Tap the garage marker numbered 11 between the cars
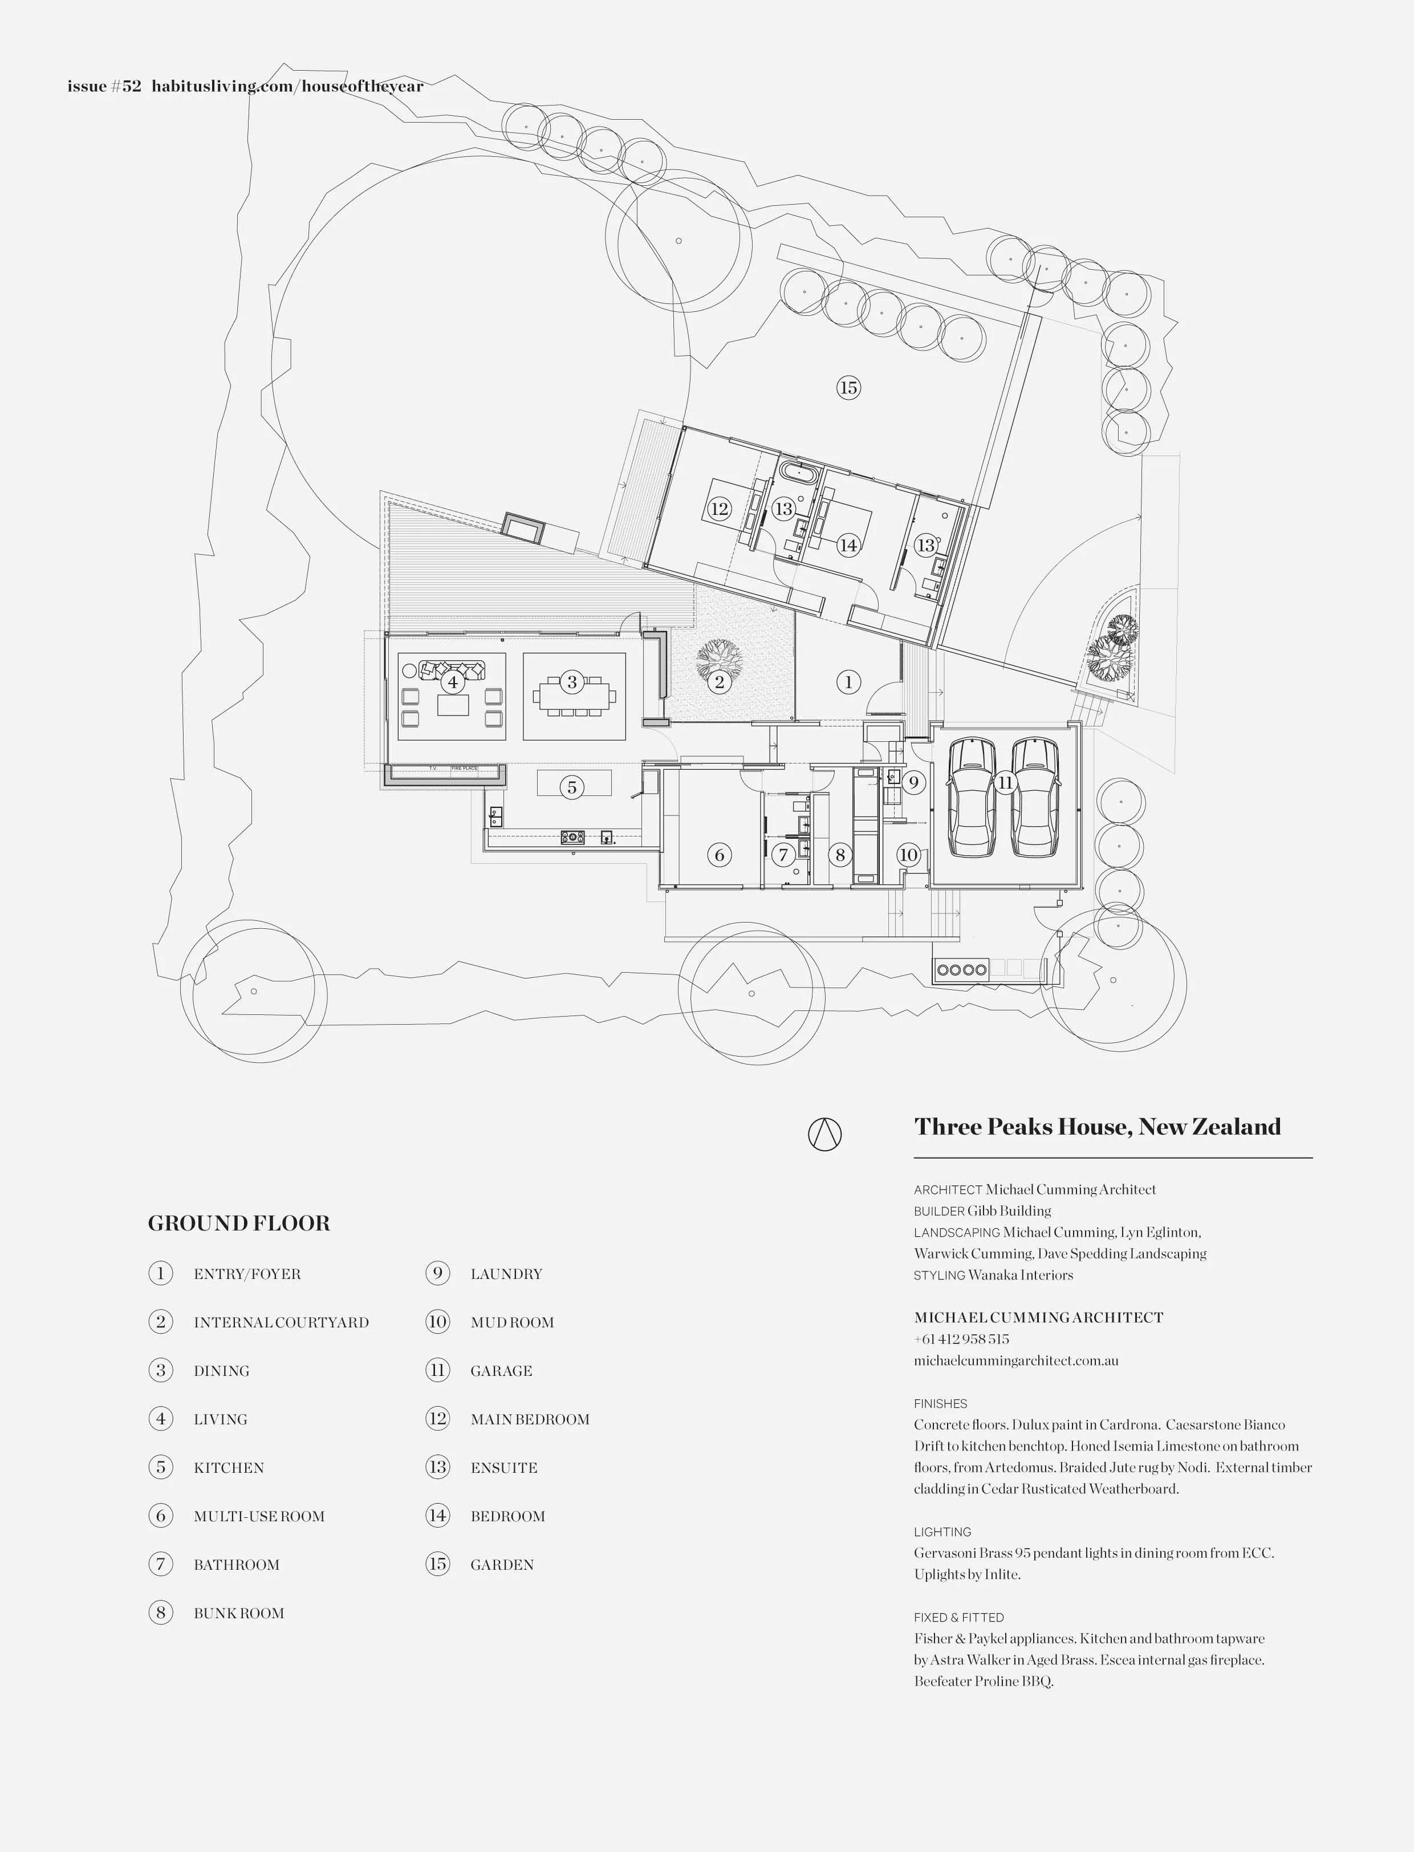(x=1005, y=783)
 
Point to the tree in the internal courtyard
(x=719, y=659)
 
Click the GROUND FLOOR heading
(x=239, y=1223)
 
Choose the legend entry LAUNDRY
(x=506, y=1274)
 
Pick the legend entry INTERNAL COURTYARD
(x=281, y=1322)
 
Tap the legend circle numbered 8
(x=161, y=1613)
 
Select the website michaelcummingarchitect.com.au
(x=1016, y=1360)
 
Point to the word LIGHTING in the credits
(x=942, y=1532)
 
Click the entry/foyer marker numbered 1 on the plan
(x=848, y=682)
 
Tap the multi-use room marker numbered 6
(x=720, y=855)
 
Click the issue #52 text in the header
(x=104, y=86)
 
